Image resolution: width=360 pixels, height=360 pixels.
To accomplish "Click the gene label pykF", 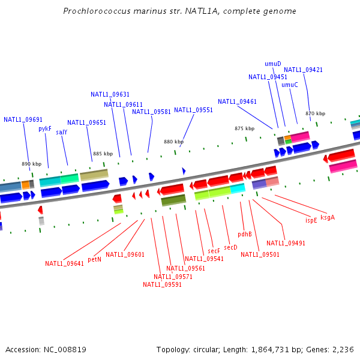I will coord(46,128).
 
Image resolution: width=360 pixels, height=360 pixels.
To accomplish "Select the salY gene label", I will coord(61,132).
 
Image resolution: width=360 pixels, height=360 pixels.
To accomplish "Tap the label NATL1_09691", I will coord(23,119).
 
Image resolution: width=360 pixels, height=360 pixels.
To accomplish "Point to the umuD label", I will coord(273,64).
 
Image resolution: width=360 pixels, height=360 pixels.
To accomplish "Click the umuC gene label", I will coord(290,85).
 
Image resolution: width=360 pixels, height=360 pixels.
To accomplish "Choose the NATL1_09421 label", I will coord(303,70).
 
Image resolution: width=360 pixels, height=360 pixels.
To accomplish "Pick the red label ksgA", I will coord(328,217).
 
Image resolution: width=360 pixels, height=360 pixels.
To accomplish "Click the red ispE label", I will coord(311,220).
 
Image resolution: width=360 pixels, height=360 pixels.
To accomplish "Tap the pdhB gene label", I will coord(245,234).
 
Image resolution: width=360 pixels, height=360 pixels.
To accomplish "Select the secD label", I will coord(231,247).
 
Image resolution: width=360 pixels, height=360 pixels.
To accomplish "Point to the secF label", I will coord(214,251).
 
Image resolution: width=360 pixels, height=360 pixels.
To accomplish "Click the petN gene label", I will coord(94,260).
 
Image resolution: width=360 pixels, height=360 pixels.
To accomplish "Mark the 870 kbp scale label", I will coord(315,113).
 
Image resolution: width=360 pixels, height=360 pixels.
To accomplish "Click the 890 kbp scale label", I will coord(31,164).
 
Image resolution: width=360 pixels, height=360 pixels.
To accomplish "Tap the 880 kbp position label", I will coord(173,142).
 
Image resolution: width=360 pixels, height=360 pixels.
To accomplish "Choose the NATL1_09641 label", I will coord(64,263).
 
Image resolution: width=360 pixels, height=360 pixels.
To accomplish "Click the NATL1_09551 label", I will coord(193,110).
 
